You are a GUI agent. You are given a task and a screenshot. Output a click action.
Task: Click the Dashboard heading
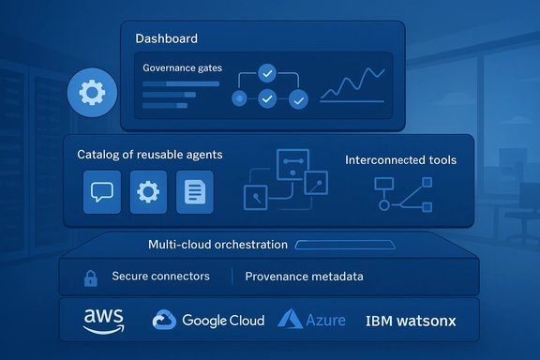[x=167, y=38]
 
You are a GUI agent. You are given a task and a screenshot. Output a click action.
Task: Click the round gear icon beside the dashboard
[x=91, y=95]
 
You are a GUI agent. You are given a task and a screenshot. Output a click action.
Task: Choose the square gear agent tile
[x=147, y=191]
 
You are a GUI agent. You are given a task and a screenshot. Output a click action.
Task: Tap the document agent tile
[x=194, y=191]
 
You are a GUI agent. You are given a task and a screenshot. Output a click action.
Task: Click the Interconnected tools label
[x=400, y=160]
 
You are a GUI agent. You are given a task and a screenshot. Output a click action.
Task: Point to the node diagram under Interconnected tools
[x=400, y=195]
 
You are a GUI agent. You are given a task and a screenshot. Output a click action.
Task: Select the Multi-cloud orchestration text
[x=217, y=245]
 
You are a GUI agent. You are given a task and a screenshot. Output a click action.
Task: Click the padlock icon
[x=91, y=277]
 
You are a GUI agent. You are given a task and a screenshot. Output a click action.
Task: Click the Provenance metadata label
[x=304, y=277]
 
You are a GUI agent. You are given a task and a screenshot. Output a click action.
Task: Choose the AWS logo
[x=103, y=321]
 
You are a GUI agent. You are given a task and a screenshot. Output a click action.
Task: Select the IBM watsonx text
[x=411, y=321]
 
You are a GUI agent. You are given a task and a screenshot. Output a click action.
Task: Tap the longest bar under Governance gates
[x=181, y=82]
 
